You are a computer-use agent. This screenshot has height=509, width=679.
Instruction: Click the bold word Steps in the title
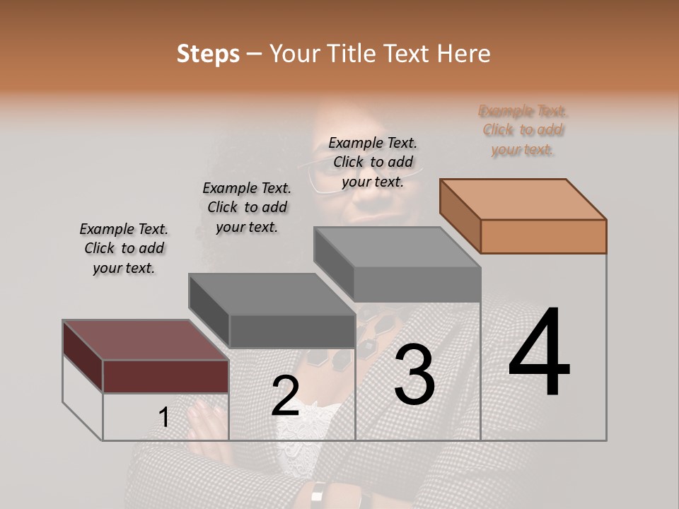click(208, 54)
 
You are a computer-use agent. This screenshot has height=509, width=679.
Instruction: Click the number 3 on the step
click(414, 374)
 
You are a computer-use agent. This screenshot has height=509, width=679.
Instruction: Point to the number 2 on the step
click(285, 395)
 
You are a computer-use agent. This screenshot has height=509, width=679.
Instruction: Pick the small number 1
click(164, 418)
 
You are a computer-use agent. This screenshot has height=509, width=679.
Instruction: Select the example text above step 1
click(124, 248)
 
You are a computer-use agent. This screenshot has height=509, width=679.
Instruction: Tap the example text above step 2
click(247, 207)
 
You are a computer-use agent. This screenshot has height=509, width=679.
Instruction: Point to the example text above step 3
click(373, 162)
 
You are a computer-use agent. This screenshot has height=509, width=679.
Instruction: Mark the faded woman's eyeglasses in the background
click(361, 170)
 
